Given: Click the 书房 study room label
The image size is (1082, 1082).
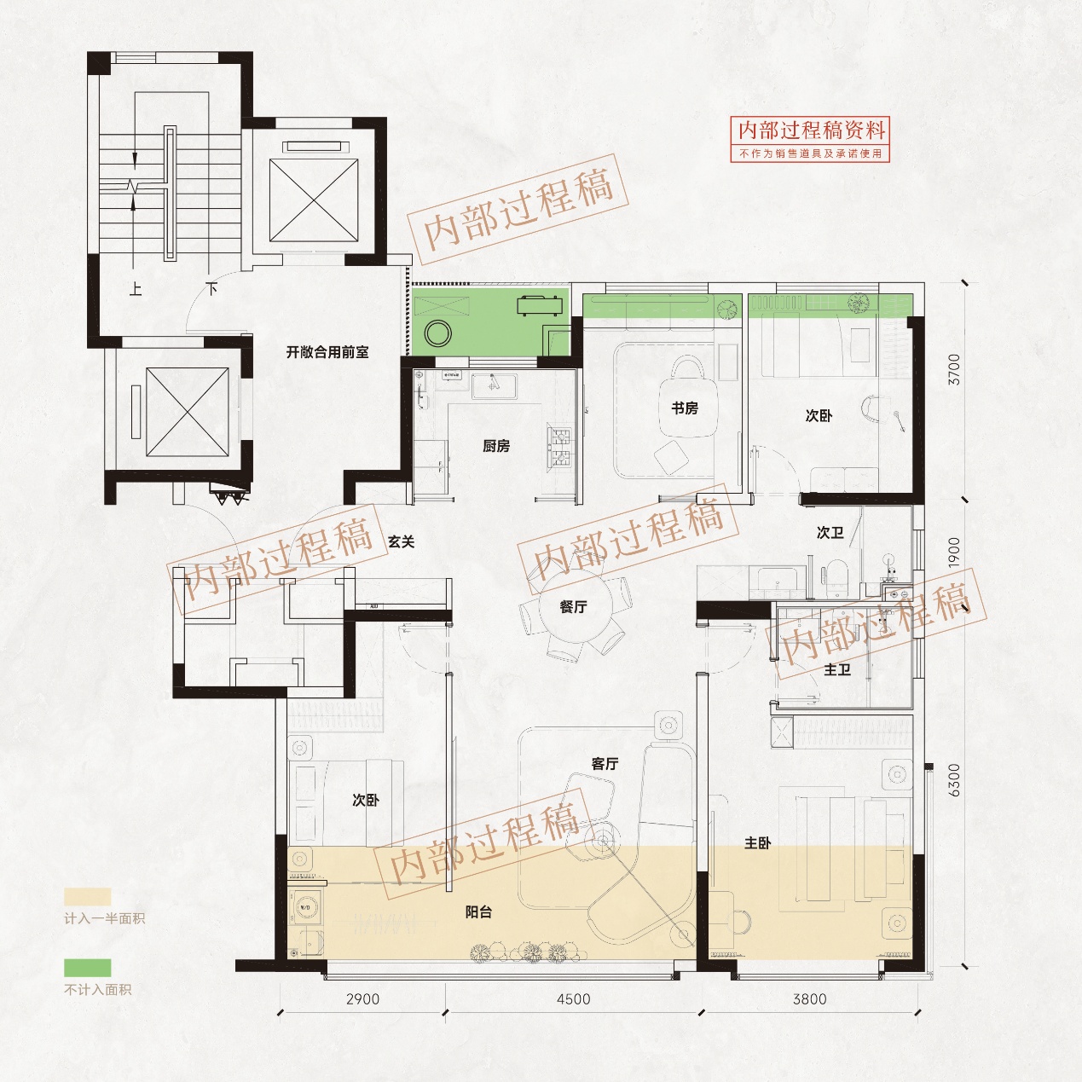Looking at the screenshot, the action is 685,408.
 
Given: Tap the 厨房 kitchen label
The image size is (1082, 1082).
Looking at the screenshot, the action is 495,446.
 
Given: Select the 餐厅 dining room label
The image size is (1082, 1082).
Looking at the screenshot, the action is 573,606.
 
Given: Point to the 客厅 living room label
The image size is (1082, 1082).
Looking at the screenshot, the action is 605,764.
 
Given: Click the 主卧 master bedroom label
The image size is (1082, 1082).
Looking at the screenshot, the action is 757,842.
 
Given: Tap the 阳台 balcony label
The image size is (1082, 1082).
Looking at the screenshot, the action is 479,911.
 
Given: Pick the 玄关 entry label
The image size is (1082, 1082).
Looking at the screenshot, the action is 402,541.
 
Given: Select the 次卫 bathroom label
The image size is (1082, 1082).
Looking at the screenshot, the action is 830,532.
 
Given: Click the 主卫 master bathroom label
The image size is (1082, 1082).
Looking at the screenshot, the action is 837,669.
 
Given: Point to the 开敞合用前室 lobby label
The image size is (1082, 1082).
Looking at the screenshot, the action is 327,352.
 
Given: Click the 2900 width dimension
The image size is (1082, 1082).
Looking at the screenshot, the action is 362,1015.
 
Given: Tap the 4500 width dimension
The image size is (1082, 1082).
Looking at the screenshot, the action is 573,1015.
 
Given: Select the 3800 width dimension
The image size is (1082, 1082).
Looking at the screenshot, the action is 810,1015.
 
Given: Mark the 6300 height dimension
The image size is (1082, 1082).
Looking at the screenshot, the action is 954,780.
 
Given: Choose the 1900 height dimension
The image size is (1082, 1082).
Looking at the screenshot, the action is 954,553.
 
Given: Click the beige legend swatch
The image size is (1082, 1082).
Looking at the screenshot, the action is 87,897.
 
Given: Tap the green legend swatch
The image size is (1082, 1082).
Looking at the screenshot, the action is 87,968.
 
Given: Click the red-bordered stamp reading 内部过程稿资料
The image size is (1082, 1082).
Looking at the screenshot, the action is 810,139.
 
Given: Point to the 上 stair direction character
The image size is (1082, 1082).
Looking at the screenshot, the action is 136,289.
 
